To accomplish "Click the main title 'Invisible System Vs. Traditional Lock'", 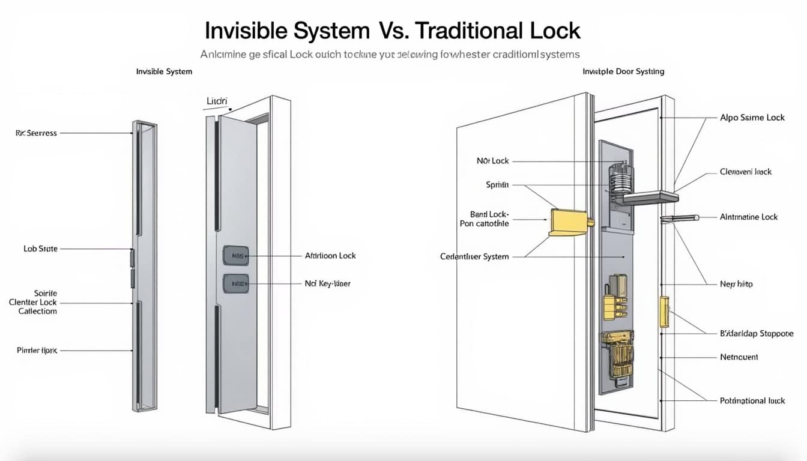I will (x=393, y=30).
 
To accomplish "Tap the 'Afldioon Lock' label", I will (x=330, y=256).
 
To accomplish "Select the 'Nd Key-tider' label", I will (x=327, y=283).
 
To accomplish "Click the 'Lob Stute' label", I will (x=40, y=249).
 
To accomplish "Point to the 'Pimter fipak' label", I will (x=37, y=350).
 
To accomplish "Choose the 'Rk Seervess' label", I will (x=36, y=133).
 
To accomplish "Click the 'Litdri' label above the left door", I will (x=217, y=101).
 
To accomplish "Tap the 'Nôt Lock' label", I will (x=492, y=161).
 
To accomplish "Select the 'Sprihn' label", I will (x=497, y=185).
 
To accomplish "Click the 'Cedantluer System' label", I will (x=474, y=256).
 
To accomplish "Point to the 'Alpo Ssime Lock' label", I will (x=752, y=118).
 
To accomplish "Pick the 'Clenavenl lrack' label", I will (x=746, y=172).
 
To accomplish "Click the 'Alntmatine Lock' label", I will (x=748, y=217).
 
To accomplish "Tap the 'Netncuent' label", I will (x=739, y=357).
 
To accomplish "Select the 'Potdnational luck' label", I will (x=752, y=400).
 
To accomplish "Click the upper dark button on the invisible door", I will (x=236, y=256).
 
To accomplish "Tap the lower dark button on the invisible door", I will (x=236, y=283).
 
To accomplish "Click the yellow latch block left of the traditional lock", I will (x=569, y=222).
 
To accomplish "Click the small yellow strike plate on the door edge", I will (x=664, y=312).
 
